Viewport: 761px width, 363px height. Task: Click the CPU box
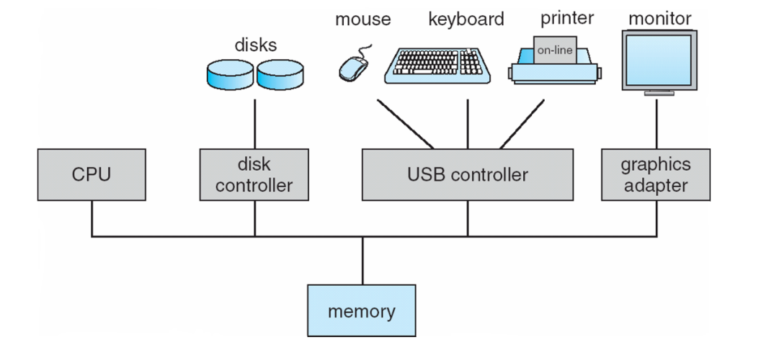coord(92,174)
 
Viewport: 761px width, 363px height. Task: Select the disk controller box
coord(254,174)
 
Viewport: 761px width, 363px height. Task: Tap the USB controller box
coord(467,174)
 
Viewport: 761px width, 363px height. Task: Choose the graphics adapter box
coord(655,174)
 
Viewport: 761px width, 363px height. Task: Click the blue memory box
coord(362,311)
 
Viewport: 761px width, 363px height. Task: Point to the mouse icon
coord(353,66)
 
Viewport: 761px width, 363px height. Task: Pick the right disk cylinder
coord(280,74)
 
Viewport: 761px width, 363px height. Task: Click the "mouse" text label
coord(362,19)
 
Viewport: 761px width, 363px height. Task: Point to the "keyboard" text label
coord(466,19)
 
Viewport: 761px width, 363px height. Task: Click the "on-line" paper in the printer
coord(555,51)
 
